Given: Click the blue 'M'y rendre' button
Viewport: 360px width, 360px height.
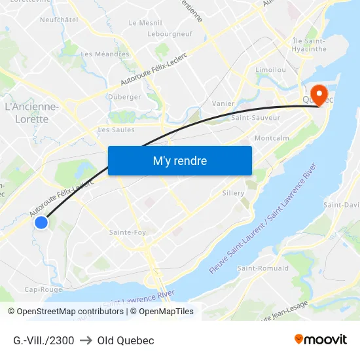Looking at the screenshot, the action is (179, 160).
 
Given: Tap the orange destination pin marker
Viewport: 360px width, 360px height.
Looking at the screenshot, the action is (321, 96).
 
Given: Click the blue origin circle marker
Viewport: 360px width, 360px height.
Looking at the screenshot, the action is (41, 223).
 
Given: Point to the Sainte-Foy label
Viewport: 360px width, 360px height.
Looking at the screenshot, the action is (128, 232).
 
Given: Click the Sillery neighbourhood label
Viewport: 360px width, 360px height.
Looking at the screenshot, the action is (233, 193).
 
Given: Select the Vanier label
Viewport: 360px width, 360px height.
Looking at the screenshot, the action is (224, 103).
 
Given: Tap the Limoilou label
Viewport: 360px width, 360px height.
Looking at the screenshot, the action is (270, 69).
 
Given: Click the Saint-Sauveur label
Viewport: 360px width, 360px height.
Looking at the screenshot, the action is (255, 118).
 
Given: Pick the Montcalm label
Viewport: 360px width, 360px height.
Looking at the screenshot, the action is (272, 139).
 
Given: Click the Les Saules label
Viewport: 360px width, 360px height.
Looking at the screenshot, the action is (116, 130).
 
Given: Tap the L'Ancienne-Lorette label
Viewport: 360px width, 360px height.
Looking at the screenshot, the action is (31, 113).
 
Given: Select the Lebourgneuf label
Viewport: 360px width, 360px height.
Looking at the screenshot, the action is (170, 33).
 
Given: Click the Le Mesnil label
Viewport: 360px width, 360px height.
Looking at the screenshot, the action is (146, 22).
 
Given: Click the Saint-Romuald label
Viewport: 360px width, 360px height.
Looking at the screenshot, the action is (262, 268).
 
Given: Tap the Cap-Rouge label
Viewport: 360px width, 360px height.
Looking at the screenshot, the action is (43, 289).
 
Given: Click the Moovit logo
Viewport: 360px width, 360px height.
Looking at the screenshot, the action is (321, 340).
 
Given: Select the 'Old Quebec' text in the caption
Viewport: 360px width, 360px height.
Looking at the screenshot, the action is (126, 340).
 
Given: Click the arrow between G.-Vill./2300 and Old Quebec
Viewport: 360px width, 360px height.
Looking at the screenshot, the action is (86, 340).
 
